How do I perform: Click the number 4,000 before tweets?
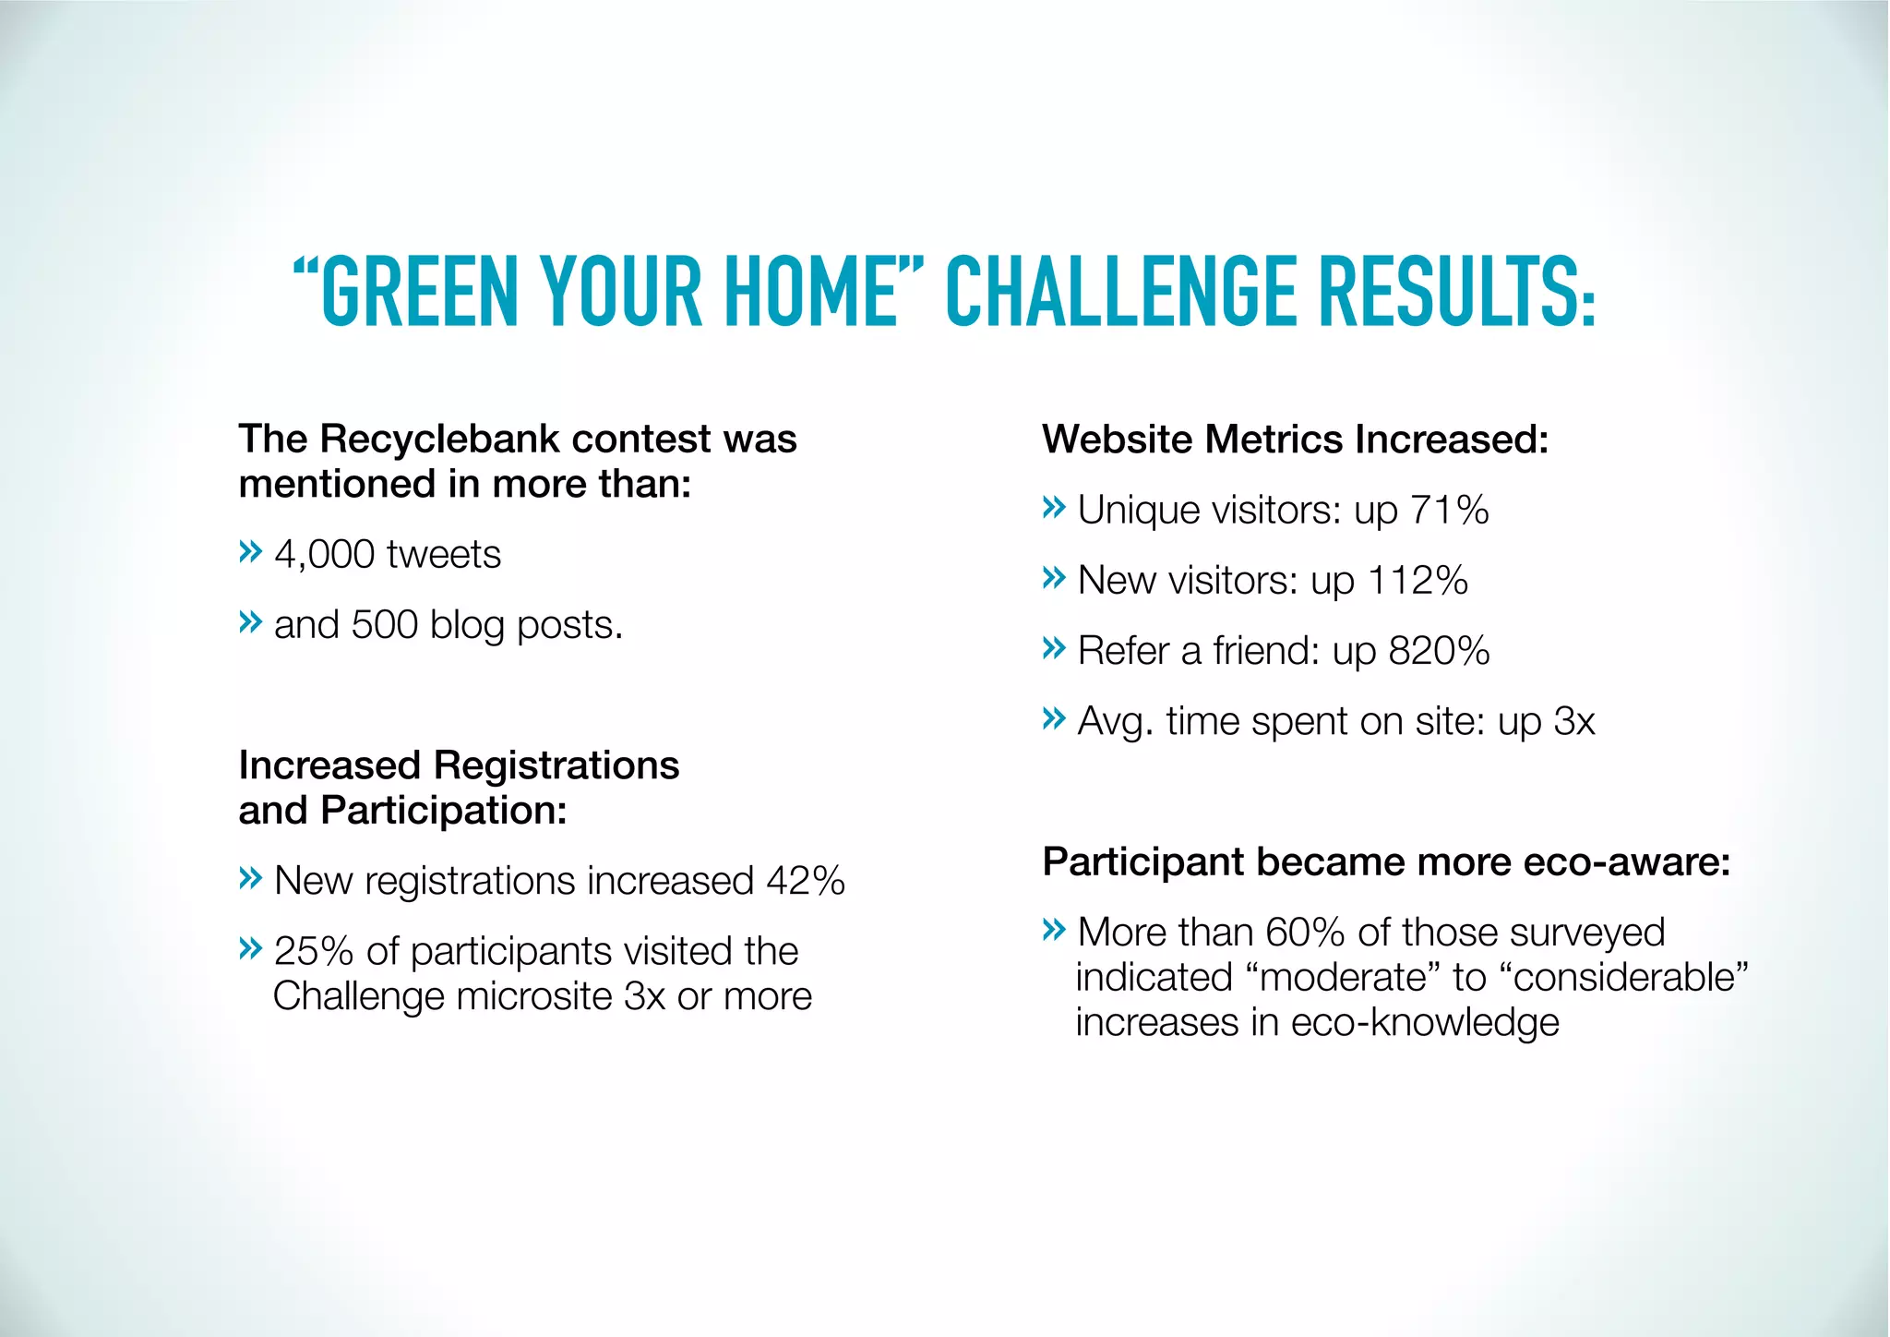pyautogui.click(x=324, y=555)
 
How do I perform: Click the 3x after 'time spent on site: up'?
pyautogui.click(x=1573, y=721)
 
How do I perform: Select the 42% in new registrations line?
pyautogui.click(x=806, y=881)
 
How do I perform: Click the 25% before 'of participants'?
pyautogui.click(x=314, y=951)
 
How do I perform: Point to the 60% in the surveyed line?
pyautogui.click(x=1304, y=933)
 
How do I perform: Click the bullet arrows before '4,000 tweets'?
pyautogui.click(x=250, y=553)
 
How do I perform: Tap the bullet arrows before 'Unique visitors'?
pyautogui.click(x=1053, y=508)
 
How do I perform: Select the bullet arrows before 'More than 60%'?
pyautogui.click(x=1053, y=930)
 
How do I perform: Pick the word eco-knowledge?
pyautogui.click(x=1425, y=1023)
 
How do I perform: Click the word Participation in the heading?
pyautogui.click(x=444, y=811)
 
